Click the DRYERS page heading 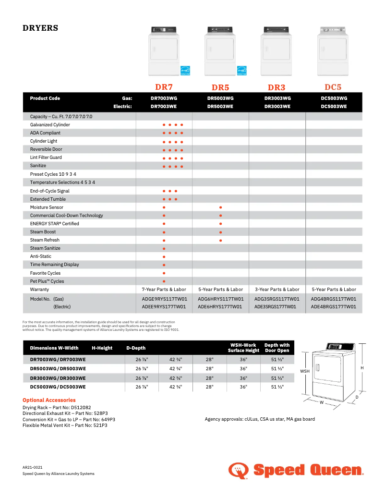tap(40, 28)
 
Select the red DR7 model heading tap(164, 87)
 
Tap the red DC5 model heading tap(333, 87)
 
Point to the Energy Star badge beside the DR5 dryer tap(241, 71)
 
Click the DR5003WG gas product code tap(220, 98)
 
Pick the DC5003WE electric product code tap(334, 107)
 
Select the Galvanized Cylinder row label tap(50, 125)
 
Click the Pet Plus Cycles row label tap(47, 281)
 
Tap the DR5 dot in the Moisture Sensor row tap(220, 207)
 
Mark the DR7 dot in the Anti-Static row tap(164, 256)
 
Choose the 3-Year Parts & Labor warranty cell tap(277, 290)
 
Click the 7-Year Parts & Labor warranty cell tap(164, 290)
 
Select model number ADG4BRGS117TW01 tap(334, 299)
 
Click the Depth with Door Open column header tap(277, 348)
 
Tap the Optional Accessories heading tap(49, 400)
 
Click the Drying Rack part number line tap(57, 408)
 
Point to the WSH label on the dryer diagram tap(305, 371)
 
